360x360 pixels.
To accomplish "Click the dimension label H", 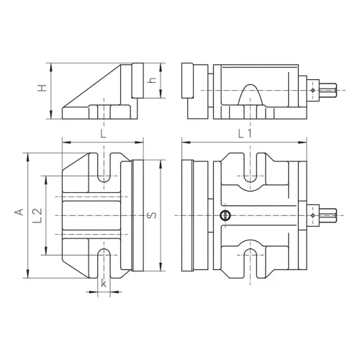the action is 42,88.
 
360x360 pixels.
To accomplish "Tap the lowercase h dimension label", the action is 152,80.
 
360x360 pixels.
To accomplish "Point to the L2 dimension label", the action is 37,215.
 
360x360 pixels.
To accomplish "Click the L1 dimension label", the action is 245,133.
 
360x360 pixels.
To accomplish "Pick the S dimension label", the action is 153,215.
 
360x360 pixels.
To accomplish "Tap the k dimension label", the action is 104,283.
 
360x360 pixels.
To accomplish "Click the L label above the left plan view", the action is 103,134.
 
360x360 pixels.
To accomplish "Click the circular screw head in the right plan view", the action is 225,215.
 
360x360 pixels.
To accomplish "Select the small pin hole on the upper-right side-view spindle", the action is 313,90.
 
